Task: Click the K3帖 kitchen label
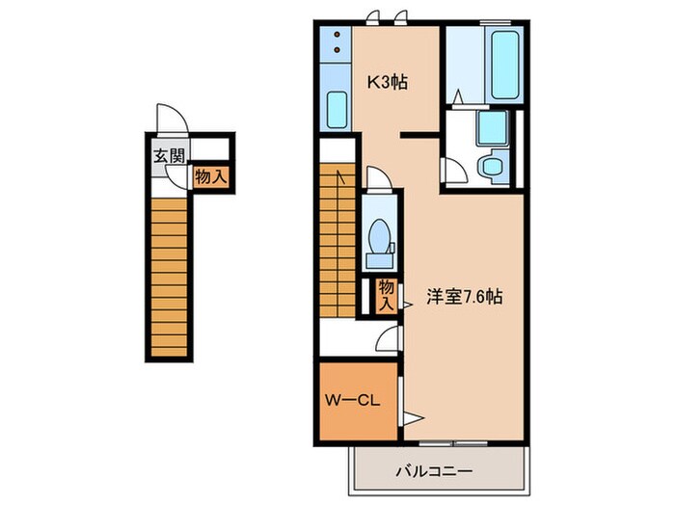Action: (387, 82)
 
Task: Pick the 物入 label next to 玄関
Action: (210, 177)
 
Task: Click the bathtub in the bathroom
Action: (507, 65)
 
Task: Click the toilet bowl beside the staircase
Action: (379, 234)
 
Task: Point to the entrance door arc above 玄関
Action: (172, 120)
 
